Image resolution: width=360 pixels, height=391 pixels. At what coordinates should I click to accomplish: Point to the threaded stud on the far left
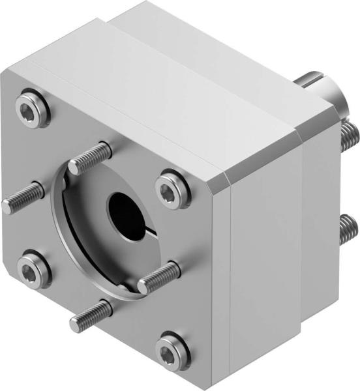click(x=21, y=197)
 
